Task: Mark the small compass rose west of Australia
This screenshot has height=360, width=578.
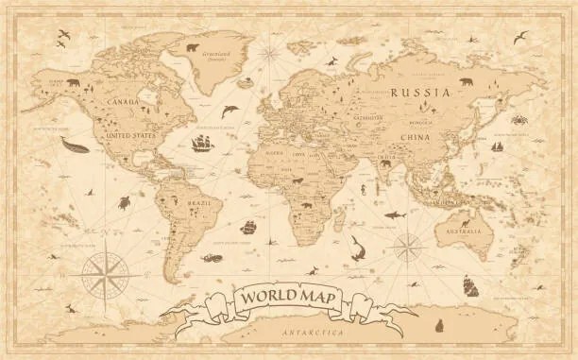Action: click(410, 249)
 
